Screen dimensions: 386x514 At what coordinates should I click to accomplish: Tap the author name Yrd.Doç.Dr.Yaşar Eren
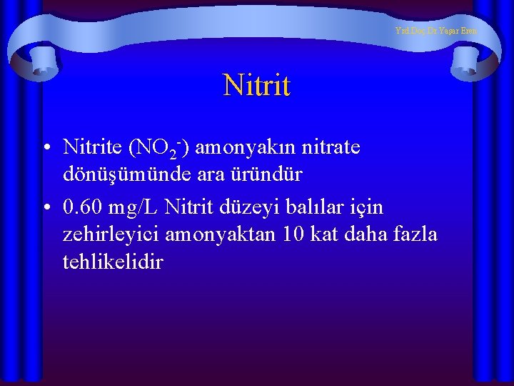point(435,31)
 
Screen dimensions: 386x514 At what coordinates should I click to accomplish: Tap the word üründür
point(268,174)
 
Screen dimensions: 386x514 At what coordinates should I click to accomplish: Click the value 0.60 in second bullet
point(83,207)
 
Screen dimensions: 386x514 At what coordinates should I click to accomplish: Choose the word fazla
point(415,234)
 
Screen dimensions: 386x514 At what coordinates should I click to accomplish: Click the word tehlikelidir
point(113,262)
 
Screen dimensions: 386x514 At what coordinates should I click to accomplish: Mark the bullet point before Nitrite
point(46,148)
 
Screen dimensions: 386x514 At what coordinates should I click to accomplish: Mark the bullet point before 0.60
point(46,208)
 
